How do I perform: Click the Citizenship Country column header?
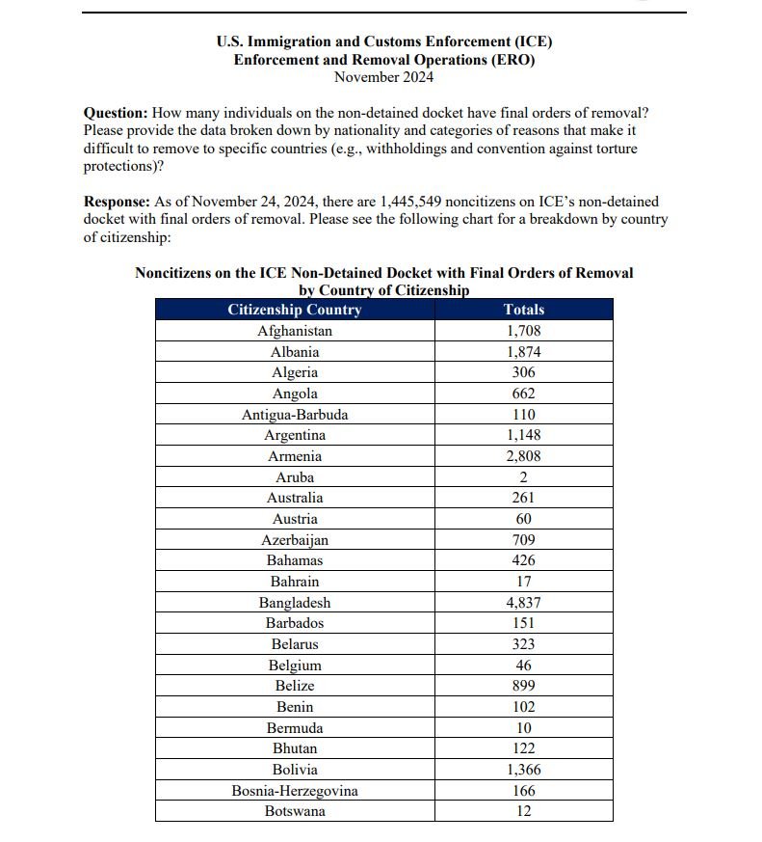[x=294, y=310]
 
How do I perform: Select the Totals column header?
[x=523, y=310]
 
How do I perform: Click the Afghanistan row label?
[x=294, y=331]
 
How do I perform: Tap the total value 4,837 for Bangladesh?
[x=523, y=603]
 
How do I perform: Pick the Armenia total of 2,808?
[x=523, y=456]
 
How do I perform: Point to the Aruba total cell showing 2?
[x=523, y=477]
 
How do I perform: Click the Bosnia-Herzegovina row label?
[x=294, y=791]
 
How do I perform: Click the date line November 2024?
[x=383, y=77]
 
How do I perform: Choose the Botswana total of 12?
[x=523, y=811]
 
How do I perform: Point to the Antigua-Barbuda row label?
[x=294, y=415]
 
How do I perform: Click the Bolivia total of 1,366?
[x=523, y=770]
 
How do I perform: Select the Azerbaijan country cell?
[x=294, y=540]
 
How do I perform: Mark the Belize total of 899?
[x=523, y=686]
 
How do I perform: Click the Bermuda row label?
[x=294, y=728]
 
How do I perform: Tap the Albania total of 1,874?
[x=523, y=352]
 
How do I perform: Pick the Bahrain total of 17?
[x=523, y=582]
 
